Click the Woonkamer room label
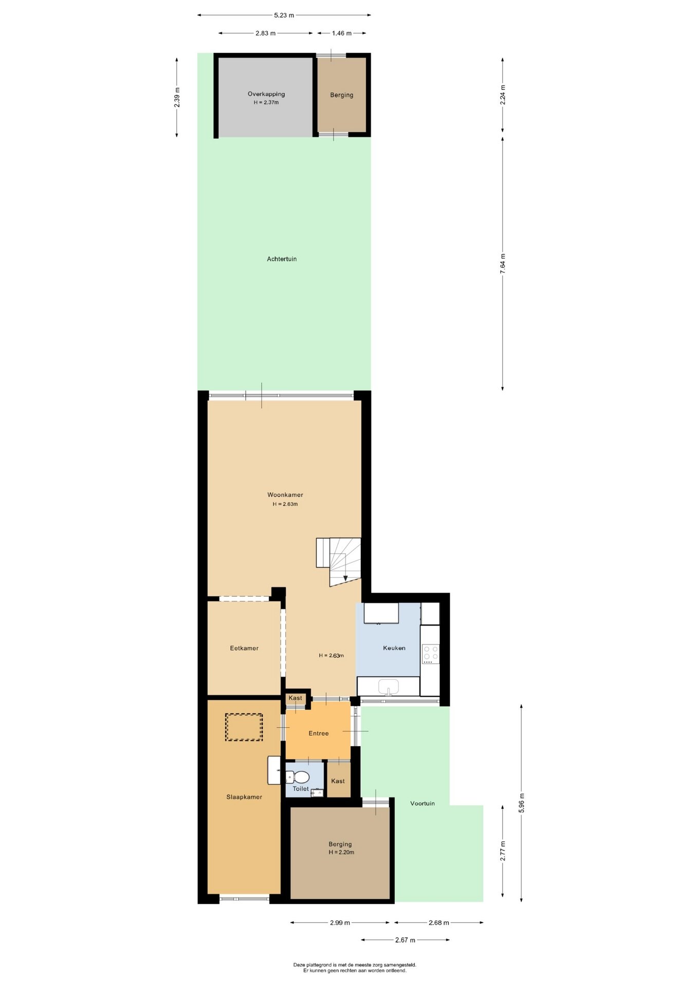click(285, 495)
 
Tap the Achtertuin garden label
click(282, 259)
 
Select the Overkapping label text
click(266, 94)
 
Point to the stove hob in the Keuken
click(431, 654)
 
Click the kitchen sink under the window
click(389, 686)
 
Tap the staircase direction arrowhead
click(345, 578)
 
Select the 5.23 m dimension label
click(284, 15)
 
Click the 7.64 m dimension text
click(503, 263)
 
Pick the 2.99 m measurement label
click(340, 923)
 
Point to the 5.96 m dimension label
click(522, 803)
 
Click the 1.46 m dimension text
click(342, 33)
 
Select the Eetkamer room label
click(244, 649)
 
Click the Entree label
click(319, 733)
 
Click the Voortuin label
click(423, 804)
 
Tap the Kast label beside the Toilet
click(338, 781)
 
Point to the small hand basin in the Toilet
click(317, 793)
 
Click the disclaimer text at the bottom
click(355, 968)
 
